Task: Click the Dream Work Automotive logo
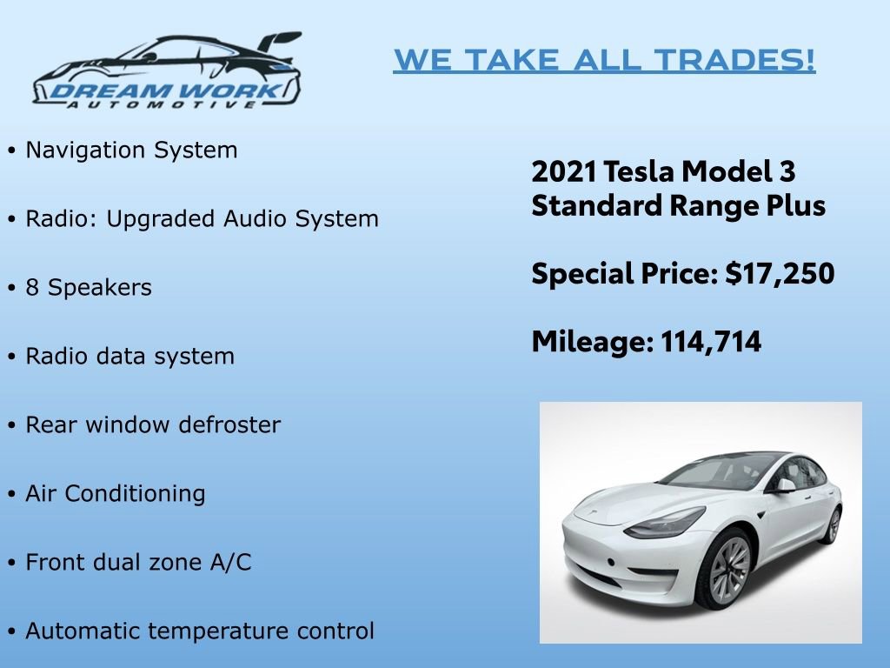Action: (x=166, y=70)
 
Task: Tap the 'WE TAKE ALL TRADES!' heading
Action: (x=604, y=60)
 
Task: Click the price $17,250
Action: (x=780, y=274)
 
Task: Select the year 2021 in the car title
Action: (x=563, y=171)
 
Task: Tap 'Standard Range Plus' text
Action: (x=678, y=206)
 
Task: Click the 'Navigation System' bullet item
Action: (x=131, y=150)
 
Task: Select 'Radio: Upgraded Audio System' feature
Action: (x=202, y=218)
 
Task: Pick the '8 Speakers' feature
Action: (x=89, y=287)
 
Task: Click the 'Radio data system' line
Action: (x=130, y=356)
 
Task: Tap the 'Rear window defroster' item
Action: (x=153, y=424)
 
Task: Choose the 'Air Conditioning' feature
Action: (x=116, y=493)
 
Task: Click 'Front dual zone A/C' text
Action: (x=138, y=562)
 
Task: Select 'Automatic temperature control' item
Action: (x=200, y=631)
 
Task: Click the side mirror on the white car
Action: (x=785, y=485)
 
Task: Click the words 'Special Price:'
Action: (x=625, y=274)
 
